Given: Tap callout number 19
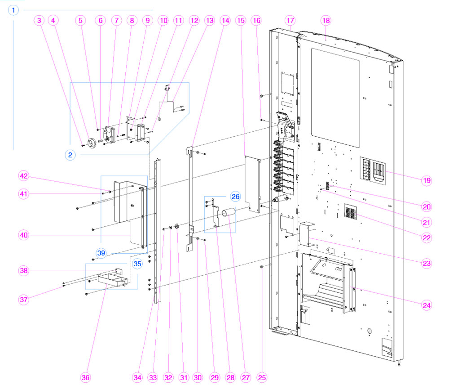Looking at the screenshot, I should tap(426, 180).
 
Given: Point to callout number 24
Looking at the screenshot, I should tap(426, 304).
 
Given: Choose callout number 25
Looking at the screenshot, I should tap(262, 377).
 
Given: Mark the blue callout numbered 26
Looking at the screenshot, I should tap(236, 196).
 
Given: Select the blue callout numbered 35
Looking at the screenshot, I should tap(137, 263).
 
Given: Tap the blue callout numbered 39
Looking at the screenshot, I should tap(101, 253).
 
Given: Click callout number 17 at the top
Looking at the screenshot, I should tap(290, 20).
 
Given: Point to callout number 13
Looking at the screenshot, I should tap(209, 20).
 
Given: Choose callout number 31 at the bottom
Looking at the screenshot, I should tap(183, 377).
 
